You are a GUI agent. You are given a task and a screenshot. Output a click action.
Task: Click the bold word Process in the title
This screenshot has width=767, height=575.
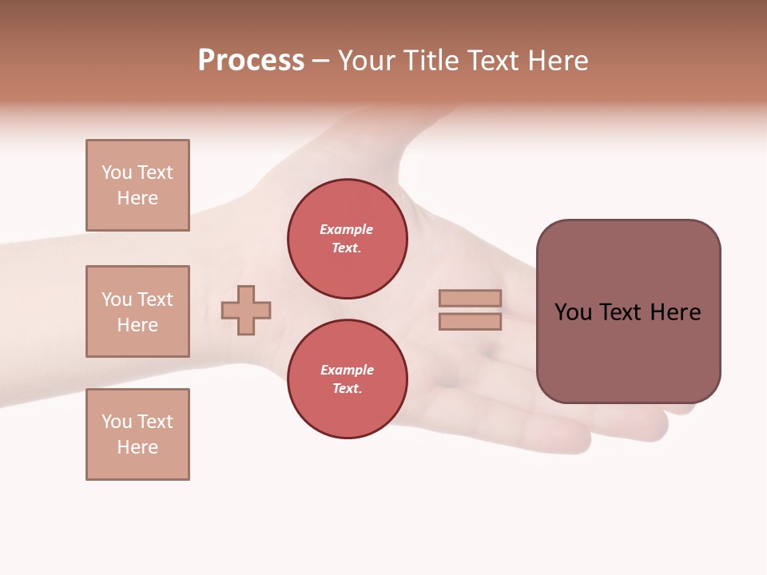point(251,61)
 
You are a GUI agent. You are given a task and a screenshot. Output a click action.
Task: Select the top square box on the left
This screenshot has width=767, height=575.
point(137,185)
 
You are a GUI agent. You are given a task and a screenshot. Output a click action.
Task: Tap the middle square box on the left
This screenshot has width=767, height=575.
point(137,311)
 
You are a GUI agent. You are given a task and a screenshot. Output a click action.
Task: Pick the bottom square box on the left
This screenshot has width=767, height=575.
point(137,434)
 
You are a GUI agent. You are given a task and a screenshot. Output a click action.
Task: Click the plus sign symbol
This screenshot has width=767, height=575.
point(246,310)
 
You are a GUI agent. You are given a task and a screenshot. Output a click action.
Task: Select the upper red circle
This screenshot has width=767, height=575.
point(347,239)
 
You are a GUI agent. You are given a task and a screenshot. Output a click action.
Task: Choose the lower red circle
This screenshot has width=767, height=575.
point(347,379)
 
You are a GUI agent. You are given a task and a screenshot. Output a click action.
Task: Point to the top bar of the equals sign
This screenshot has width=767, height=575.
point(471,299)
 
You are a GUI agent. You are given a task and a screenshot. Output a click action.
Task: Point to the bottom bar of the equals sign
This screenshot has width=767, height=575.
point(471,322)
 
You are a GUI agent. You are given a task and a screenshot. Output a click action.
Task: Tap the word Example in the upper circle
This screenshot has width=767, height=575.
point(347,229)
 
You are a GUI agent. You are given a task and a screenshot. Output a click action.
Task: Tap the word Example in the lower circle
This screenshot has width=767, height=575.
point(347,370)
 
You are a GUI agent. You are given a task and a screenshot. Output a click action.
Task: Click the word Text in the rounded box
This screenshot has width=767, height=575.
point(622,312)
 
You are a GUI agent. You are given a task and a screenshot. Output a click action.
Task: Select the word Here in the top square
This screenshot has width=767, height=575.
point(137,198)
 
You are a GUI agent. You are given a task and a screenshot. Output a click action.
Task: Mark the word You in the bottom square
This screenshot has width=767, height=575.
point(117,422)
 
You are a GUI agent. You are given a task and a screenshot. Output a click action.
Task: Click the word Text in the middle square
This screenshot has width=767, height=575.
point(155,299)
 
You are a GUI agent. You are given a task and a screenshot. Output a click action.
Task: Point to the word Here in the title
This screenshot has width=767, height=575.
point(558,61)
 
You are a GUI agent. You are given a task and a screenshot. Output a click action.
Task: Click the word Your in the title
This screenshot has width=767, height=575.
point(368,61)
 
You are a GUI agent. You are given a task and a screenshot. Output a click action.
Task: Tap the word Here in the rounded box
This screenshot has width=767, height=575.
point(675,312)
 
